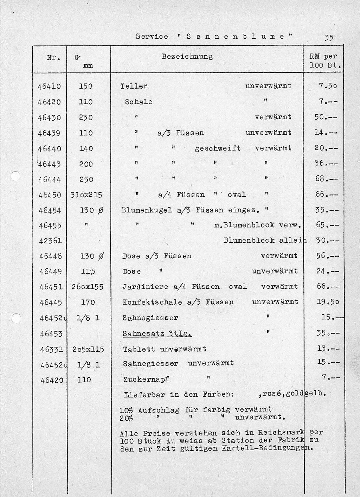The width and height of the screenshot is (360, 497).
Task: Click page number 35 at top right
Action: [x=329, y=38]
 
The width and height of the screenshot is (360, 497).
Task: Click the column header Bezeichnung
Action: [x=187, y=56]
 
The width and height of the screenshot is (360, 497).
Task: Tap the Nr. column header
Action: [x=53, y=57]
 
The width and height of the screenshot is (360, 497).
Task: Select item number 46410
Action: [x=49, y=86]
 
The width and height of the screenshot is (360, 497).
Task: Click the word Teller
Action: [x=134, y=86]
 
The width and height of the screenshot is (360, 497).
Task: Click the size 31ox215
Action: [x=86, y=195]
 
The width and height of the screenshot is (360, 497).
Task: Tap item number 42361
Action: [x=50, y=241]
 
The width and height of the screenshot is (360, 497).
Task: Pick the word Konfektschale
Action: [x=152, y=302]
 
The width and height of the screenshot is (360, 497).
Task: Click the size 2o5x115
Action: [x=88, y=350]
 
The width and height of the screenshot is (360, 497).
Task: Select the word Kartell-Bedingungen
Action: [x=267, y=448]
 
